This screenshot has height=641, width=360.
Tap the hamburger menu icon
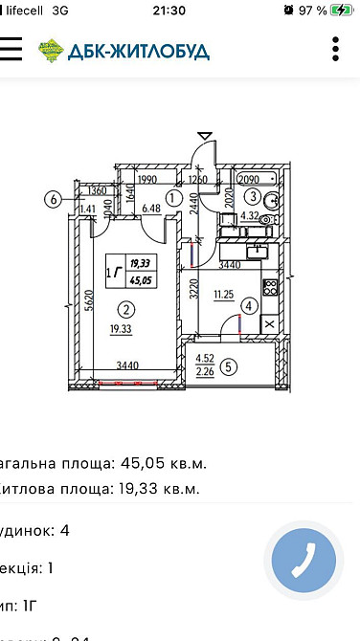click(x=10, y=49)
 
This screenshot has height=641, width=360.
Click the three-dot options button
click(x=335, y=49)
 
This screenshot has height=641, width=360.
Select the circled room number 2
click(x=124, y=308)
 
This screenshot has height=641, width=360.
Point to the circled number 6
click(x=54, y=200)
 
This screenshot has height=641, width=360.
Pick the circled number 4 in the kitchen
click(x=249, y=307)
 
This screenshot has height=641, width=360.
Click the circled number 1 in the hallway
click(x=173, y=199)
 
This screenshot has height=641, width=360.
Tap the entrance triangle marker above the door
click(x=204, y=136)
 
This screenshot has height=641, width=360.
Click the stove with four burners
click(x=270, y=286)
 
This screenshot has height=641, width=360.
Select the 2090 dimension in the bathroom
click(x=248, y=178)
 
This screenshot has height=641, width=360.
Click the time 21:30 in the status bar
click(x=179, y=10)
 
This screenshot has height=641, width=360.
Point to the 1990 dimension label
click(x=146, y=178)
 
